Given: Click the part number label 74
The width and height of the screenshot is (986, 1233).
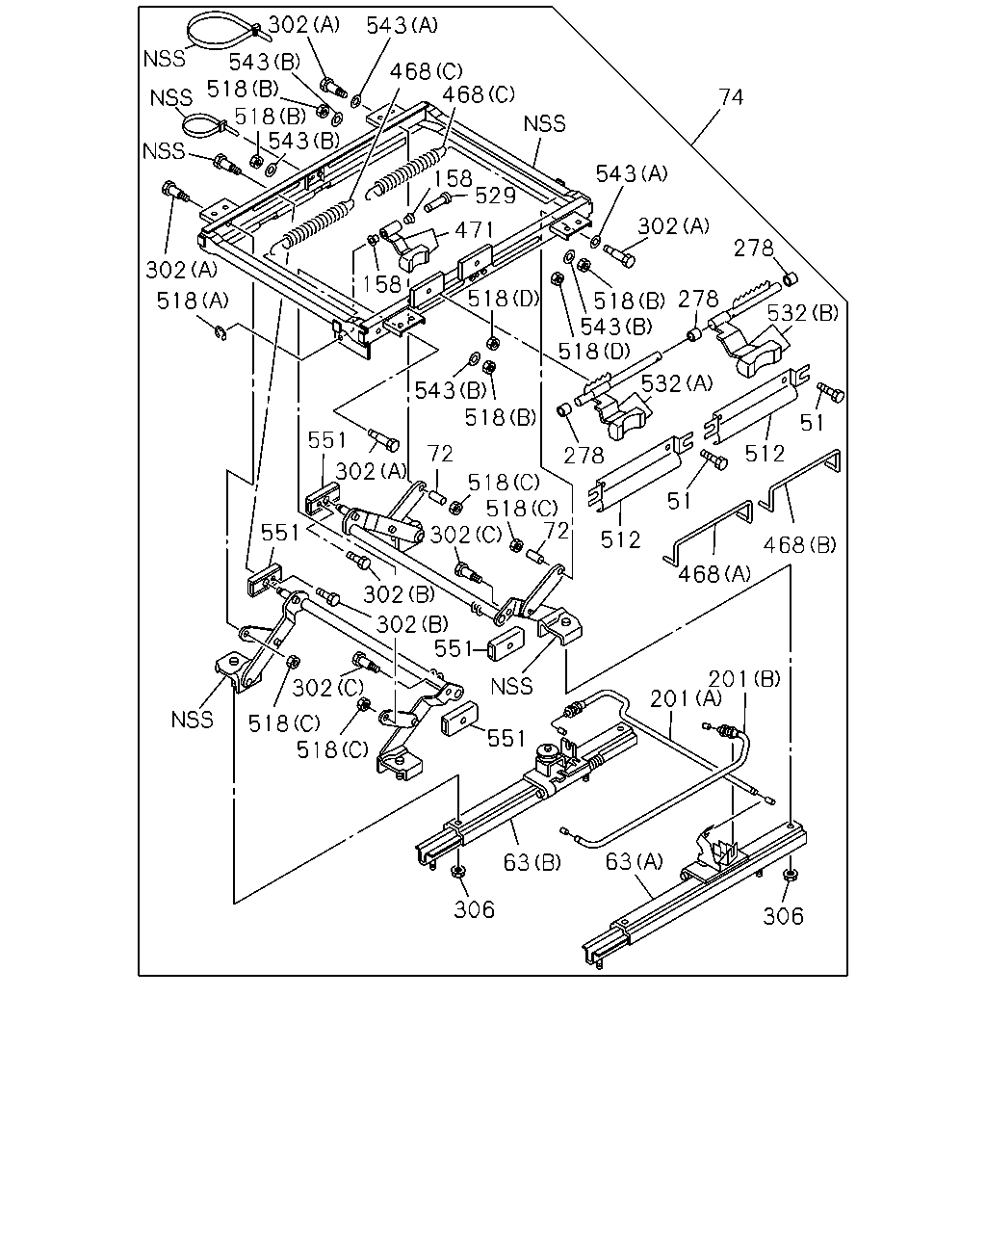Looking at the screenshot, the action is [731, 97].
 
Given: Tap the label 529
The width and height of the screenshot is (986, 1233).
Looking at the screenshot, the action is [496, 196].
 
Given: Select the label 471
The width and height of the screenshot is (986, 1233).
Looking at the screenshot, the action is [474, 230].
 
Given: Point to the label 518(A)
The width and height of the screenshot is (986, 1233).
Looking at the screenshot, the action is [193, 301].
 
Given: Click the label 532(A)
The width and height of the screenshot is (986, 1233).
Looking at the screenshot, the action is [677, 383].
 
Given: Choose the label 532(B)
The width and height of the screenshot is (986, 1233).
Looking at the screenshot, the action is [803, 313].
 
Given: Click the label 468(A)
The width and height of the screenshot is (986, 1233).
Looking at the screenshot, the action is [714, 573].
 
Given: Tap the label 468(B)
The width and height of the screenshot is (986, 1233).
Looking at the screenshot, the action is [799, 545].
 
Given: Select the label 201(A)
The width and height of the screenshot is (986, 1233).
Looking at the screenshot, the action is [686, 698].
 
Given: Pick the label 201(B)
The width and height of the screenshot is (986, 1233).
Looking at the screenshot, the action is [744, 679].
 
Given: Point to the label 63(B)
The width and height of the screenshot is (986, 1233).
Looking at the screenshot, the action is [532, 862].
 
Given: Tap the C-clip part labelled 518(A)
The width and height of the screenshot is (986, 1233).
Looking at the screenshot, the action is [221, 332].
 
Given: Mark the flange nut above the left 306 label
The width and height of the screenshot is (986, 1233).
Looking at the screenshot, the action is [457, 872].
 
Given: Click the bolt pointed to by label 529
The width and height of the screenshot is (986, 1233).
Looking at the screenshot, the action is [438, 202].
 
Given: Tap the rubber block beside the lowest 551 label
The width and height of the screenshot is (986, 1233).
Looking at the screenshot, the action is [459, 718].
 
